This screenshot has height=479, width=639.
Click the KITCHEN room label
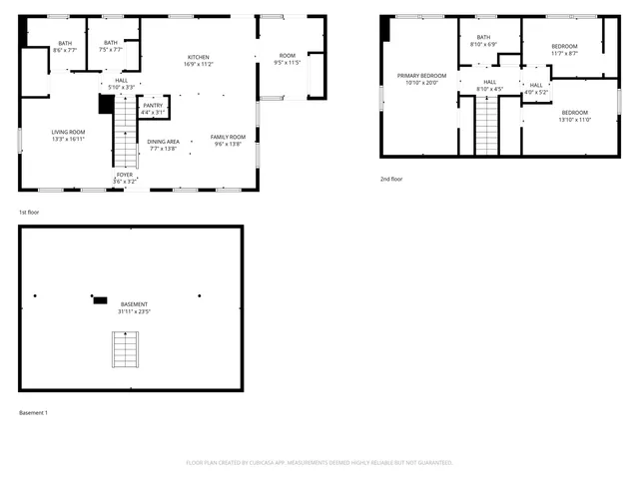[x=197, y=57]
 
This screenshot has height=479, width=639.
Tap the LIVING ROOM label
[x=68, y=132]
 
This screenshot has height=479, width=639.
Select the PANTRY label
[x=153, y=105]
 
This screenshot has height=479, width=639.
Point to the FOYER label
[x=124, y=175]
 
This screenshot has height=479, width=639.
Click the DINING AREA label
[x=163, y=142]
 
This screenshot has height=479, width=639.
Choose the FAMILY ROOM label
[x=228, y=137]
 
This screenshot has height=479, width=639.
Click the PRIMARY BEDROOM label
[x=420, y=76]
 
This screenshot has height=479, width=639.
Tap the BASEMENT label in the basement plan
[x=135, y=304]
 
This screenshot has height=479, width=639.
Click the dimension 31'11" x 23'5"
[x=135, y=311]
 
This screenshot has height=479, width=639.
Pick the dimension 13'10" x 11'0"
[x=574, y=120]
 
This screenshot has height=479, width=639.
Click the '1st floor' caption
[x=30, y=213]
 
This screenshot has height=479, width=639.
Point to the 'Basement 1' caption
[x=33, y=412]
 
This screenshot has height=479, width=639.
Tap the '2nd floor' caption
[x=390, y=179]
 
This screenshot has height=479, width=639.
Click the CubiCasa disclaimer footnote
[x=319, y=462]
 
